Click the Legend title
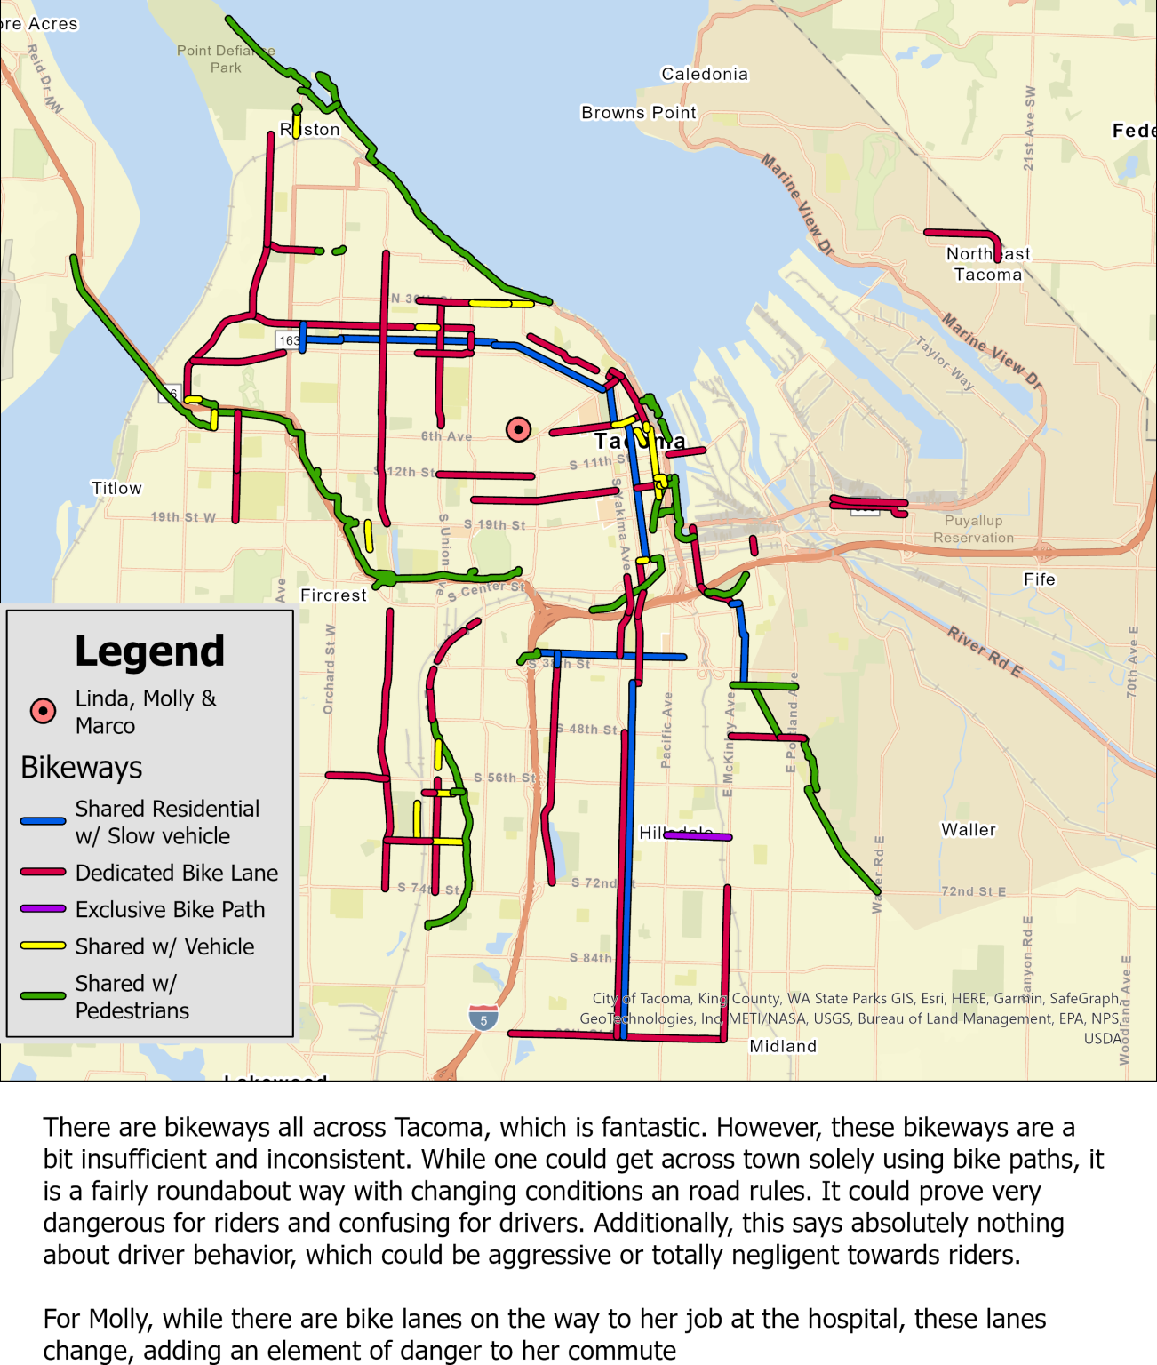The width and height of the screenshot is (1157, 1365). coord(149,651)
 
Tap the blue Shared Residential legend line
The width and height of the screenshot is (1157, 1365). coord(43,821)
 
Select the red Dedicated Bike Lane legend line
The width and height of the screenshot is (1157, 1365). coord(43,873)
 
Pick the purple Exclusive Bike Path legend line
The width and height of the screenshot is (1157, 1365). coord(43,909)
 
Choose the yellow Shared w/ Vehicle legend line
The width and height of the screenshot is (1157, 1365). coord(43,946)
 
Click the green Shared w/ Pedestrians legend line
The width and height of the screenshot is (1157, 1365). coord(43,996)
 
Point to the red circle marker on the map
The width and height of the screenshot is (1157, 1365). coord(518,430)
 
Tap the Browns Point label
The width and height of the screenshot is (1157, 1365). coord(638,113)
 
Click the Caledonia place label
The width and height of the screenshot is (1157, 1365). coord(705,74)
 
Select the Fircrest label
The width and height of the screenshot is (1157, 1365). coord(333,595)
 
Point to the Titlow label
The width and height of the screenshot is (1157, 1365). coord(116,488)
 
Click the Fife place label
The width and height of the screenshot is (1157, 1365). coord(1039,579)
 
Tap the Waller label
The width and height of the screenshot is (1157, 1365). coord(969,829)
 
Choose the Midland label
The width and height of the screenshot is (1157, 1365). coord(783,1046)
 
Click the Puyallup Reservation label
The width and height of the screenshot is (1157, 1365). coord(973,529)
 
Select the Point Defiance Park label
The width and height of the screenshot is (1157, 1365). coord(226,59)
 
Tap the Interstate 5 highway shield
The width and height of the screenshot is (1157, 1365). coord(483,1018)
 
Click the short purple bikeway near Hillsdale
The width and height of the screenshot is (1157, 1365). coord(698,836)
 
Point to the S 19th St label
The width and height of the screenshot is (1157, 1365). coord(494,524)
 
